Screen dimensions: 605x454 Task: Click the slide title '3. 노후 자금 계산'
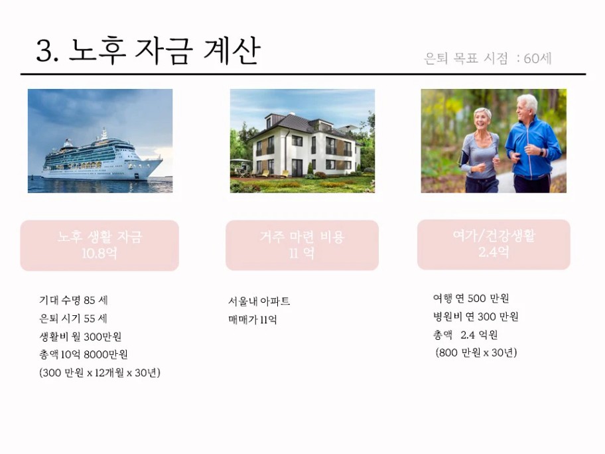coord(148,50)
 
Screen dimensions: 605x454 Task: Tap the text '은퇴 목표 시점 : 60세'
coord(488,58)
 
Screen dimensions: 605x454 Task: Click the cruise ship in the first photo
coord(101,157)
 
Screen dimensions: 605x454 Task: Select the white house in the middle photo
coord(304,145)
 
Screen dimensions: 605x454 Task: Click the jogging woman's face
coord(482,120)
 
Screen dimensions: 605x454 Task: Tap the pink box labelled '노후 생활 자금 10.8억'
coord(100,246)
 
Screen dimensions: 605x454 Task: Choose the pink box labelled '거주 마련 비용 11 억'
coord(302,245)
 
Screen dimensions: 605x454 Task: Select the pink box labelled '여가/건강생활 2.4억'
coord(494,244)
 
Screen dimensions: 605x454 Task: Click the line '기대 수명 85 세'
coord(74,301)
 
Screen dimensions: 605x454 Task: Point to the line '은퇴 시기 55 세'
coord(74,319)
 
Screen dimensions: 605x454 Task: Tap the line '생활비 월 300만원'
coord(80,337)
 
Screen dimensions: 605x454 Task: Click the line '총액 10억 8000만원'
coord(84,354)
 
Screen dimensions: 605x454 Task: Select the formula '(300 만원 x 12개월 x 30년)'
coord(100,373)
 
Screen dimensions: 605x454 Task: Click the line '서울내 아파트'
coord(259,301)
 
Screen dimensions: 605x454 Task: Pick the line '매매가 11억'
coord(253,320)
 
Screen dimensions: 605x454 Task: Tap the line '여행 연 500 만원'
coord(471,299)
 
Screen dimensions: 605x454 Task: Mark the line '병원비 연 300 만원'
coord(476,317)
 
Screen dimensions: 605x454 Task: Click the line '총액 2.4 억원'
coord(465,335)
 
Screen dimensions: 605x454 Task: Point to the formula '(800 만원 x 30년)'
coord(476,353)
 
